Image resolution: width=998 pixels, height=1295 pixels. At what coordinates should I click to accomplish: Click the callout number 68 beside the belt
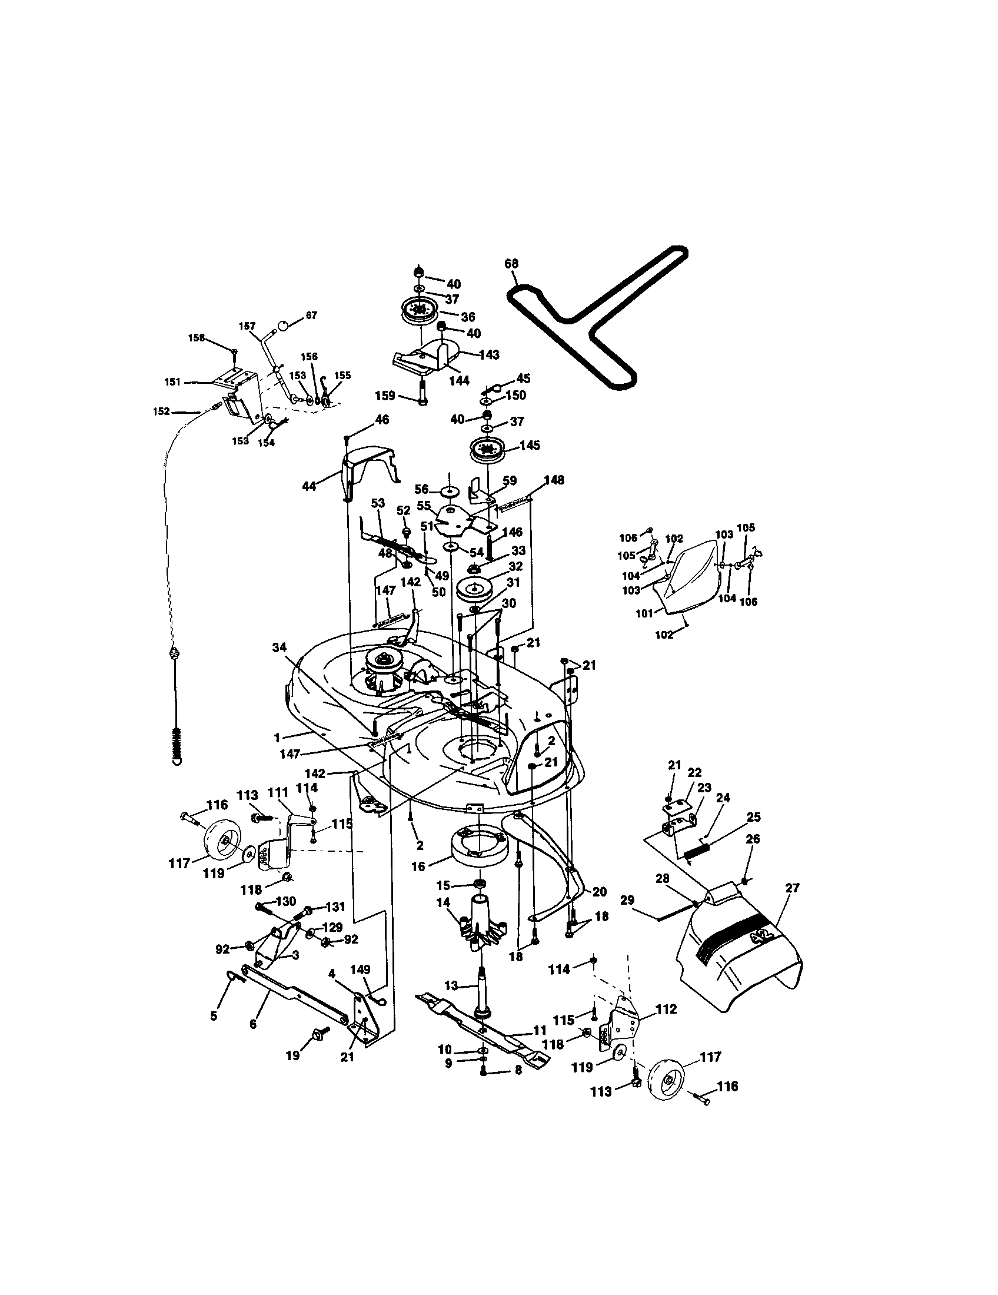(x=511, y=263)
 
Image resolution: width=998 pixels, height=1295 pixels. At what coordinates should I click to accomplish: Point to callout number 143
(x=489, y=354)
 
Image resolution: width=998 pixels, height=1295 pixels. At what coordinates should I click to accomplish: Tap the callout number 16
(x=418, y=866)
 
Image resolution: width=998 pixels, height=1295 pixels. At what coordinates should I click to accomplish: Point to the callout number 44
(x=309, y=486)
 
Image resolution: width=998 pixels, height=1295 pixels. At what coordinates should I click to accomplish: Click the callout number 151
(x=172, y=383)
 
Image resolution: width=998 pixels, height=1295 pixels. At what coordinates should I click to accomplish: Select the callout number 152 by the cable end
(x=161, y=411)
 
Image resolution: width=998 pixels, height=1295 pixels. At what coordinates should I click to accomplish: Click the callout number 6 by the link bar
(x=253, y=1024)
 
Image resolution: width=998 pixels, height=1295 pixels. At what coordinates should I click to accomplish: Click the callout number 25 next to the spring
(x=753, y=817)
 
